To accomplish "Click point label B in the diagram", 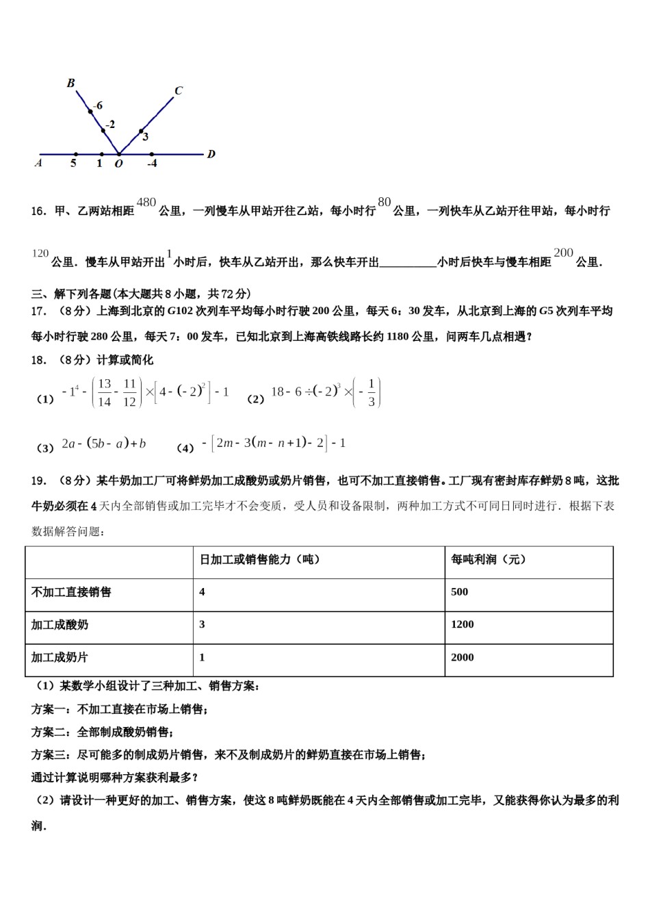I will (x=70, y=83).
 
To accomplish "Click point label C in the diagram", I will (x=179, y=90).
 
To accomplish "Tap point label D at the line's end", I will (x=211, y=154).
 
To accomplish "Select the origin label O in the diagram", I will (x=118, y=164).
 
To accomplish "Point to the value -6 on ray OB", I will (x=98, y=105).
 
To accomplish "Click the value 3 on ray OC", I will (x=146, y=137).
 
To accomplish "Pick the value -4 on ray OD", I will (x=152, y=164).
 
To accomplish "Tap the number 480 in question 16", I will (x=146, y=202).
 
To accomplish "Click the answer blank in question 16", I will (x=408, y=262).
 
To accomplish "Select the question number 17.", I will (x=39, y=311).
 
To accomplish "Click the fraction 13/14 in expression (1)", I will (x=104, y=393).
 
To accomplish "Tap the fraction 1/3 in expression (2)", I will (x=371, y=393).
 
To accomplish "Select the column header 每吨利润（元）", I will (x=489, y=559).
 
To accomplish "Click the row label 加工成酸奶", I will (x=60, y=625).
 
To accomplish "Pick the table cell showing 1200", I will (x=463, y=624).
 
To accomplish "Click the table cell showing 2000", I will (x=463, y=657).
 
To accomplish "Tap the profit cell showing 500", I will (x=459, y=591).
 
